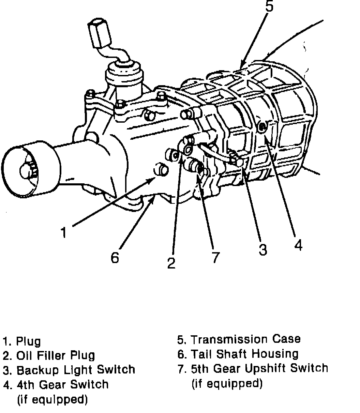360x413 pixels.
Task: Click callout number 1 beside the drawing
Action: [64, 232]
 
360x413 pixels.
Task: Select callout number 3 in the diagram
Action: [262, 249]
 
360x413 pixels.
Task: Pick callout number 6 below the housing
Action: [115, 257]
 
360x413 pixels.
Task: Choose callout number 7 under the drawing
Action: [215, 257]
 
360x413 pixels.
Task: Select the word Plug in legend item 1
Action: [29, 341]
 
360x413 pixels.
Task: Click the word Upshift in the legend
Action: [275, 368]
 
